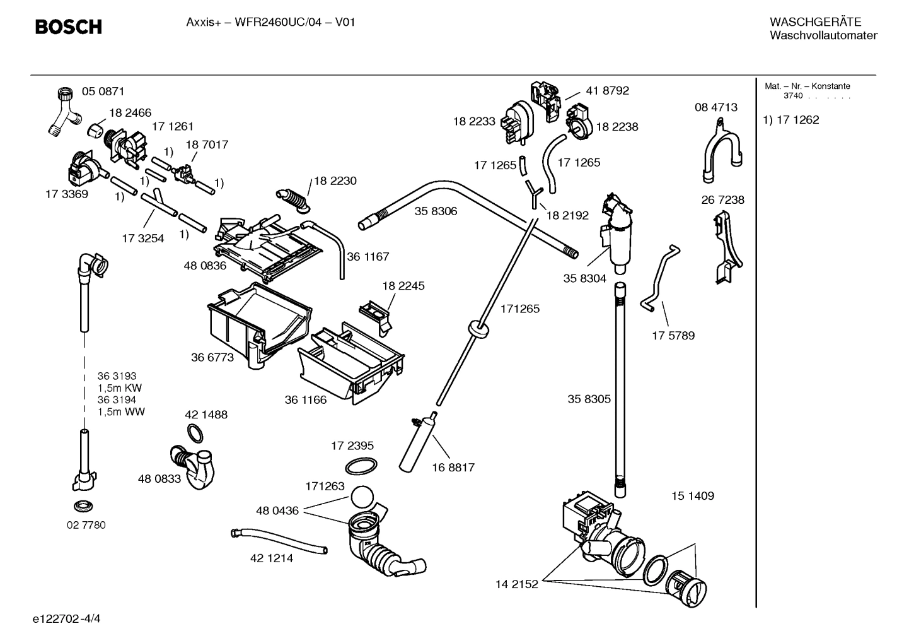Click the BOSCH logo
[68, 27]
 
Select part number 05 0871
[103, 91]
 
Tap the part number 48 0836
[205, 266]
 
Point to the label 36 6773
[212, 357]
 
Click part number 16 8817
[453, 468]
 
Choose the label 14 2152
[517, 584]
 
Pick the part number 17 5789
[673, 336]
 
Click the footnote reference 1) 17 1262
[791, 120]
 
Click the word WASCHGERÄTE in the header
[815, 22]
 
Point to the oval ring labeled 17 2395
[361, 467]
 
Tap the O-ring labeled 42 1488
[197, 434]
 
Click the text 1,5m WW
[121, 412]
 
